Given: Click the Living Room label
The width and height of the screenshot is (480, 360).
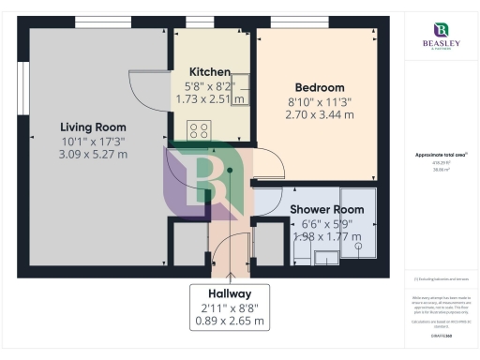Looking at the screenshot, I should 93,127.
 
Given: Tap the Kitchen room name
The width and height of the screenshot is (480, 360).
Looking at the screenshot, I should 210,72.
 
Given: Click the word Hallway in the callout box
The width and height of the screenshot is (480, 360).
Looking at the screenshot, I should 230,293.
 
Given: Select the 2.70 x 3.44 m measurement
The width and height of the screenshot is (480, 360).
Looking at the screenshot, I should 319,114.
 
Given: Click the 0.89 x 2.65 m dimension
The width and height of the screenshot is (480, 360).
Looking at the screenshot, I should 230,321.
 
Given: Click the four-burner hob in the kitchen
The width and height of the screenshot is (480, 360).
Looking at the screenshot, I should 199,130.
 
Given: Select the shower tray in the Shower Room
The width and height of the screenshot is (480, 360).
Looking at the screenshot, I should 360,223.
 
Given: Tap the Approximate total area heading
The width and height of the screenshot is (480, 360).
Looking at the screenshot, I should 441,155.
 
